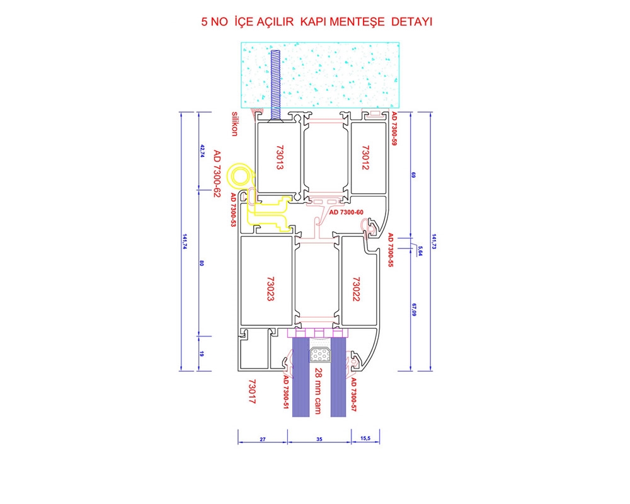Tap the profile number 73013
click(280, 157)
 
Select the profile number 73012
click(365, 157)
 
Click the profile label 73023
click(270, 289)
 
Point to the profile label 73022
click(356, 289)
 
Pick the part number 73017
click(252, 391)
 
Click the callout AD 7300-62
click(217, 174)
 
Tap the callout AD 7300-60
click(346, 212)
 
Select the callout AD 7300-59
click(394, 129)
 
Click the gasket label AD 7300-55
click(390, 250)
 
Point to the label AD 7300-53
click(233, 210)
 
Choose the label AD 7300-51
click(286, 392)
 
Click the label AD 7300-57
click(354, 394)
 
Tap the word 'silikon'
click(235, 123)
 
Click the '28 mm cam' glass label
click(318, 391)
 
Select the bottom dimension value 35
click(319, 439)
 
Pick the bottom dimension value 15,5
click(365, 438)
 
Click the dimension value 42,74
click(202, 151)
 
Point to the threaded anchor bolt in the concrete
click(275, 85)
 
